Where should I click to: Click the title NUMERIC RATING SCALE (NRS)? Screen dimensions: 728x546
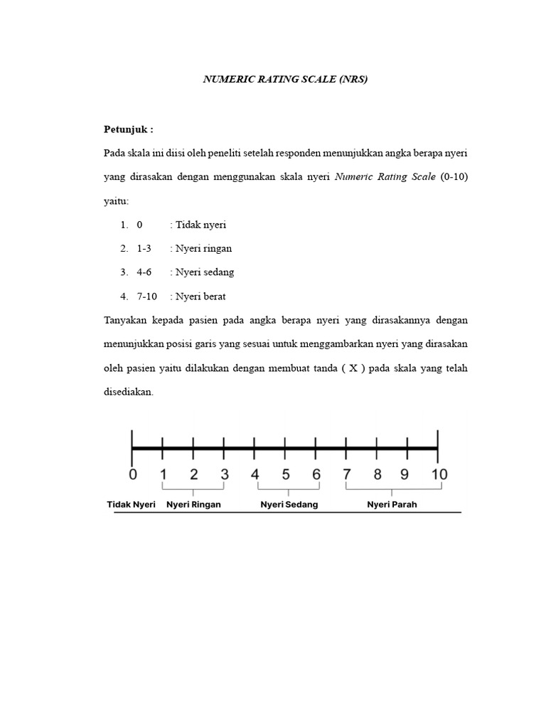pyautogui.click(x=285, y=80)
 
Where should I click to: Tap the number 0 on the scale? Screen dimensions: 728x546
pyautogui.click(x=132, y=474)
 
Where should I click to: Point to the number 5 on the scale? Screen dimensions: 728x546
pyautogui.click(x=286, y=474)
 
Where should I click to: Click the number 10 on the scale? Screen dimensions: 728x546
pyautogui.click(x=438, y=474)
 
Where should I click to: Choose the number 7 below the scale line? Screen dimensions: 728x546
pyautogui.click(x=347, y=474)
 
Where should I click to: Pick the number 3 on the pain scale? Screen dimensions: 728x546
pyautogui.click(x=224, y=474)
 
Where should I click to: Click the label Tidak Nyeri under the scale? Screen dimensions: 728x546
pyautogui.click(x=131, y=505)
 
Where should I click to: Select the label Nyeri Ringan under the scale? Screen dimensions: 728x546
pyautogui.click(x=193, y=505)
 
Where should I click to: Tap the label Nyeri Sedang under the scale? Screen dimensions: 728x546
pyautogui.click(x=289, y=505)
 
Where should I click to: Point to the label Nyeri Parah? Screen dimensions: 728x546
pyautogui.click(x=392, y=505)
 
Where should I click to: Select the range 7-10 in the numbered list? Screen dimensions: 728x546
pyautogui.click(x=147, y=296)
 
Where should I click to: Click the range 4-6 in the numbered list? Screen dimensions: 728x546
pyautogui.click(x=144, y=272)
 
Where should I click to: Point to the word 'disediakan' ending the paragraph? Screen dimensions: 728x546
pyautogui.click(x=128, y=392)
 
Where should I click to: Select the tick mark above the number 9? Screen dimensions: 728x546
pyautogui.click(x=407, y=448)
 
